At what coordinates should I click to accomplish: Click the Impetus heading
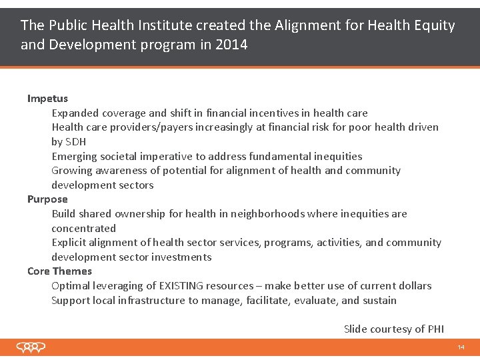tap(47, 99)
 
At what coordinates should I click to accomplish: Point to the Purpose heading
tap(47, 199)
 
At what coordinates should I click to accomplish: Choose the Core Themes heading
tap(59, 271)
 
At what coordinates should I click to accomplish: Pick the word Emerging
tap(74, 157)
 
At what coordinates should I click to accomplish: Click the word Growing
tap(71, 171)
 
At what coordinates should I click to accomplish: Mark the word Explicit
tap(70, 243)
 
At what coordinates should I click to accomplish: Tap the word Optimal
tap(71, 286)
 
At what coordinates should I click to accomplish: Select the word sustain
tap(379, 301)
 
